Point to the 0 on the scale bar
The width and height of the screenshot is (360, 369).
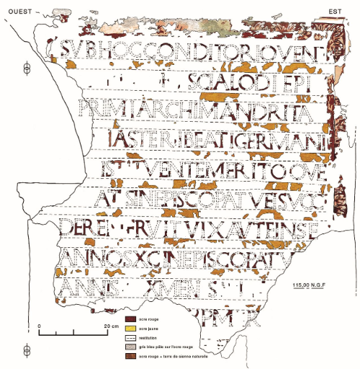pyautogui.click(x=39, y=326)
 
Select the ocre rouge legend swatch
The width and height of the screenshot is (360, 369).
pyautogui.click(x=130, y=318)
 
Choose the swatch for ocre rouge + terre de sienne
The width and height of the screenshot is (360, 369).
pyautogui.click(x=130, y=356)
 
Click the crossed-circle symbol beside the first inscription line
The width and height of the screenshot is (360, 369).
pyautogui.click(x=27, y=68)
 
